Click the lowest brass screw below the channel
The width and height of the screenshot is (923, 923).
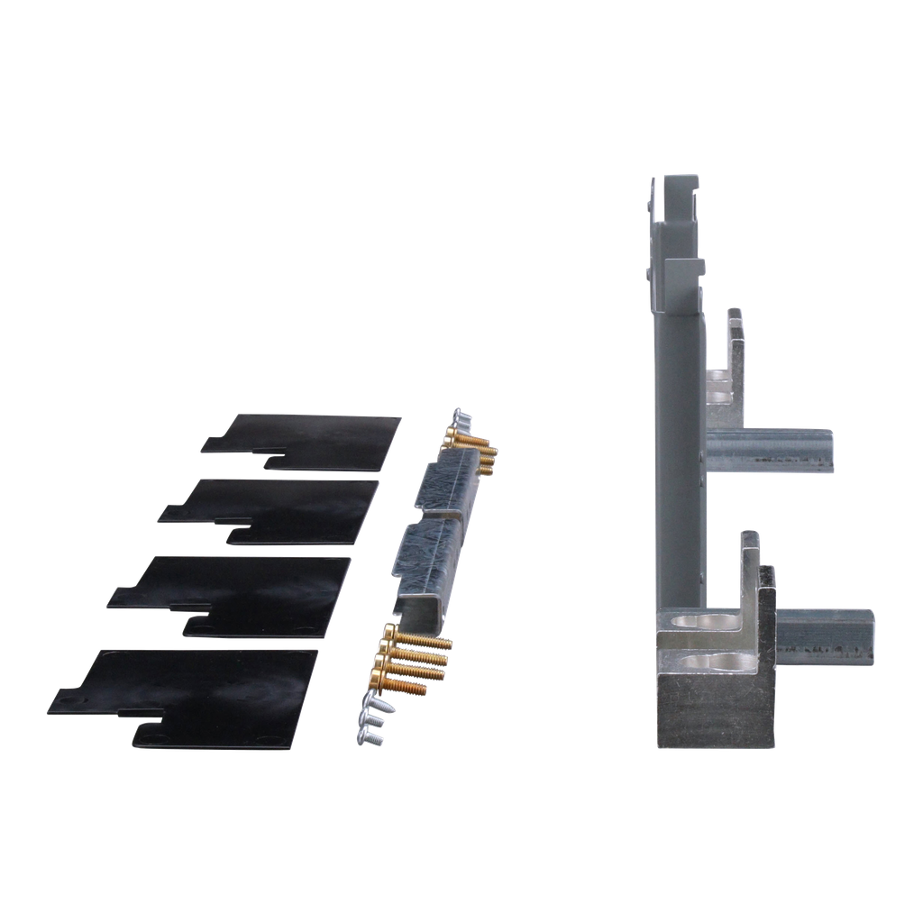point(401,687)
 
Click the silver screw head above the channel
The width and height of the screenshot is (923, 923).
point(458,417)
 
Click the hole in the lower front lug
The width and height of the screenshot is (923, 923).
point(718,663)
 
